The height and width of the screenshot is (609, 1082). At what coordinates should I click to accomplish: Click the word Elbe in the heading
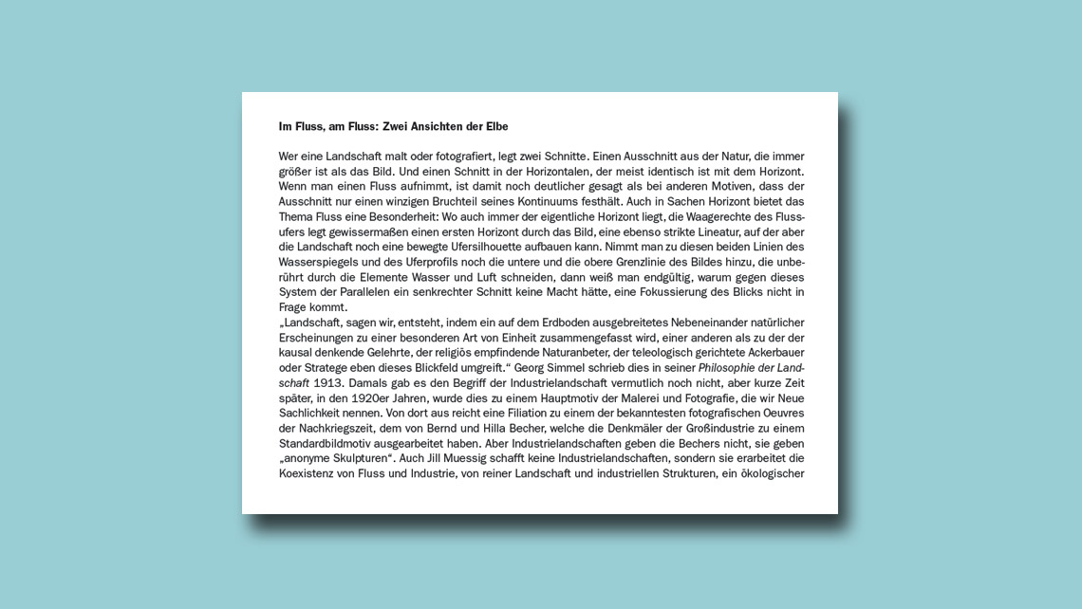(x=494, y=126)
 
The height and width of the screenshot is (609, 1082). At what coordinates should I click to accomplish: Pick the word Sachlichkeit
(x=314, y=414)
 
